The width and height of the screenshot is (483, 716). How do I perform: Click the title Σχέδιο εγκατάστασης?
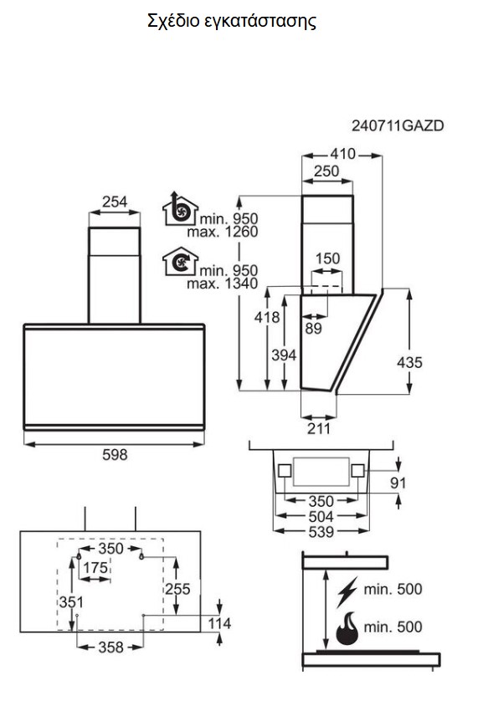pyautogui.click(x=232, y=21)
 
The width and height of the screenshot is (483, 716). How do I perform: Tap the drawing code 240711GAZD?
pyautogui.click(x=398, y=125)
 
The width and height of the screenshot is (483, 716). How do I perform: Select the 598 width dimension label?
pyautogui.click(x=115, y=455)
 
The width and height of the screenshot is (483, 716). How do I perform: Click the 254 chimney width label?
pyautogui.click(x=114, y=202)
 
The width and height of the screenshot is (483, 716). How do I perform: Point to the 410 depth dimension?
pyautogui.click(x=342, y=154)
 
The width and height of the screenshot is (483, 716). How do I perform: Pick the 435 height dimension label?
pyautogui.click(x=410, y=362)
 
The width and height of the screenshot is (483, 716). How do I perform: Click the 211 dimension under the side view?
pyautogui.click(x=318, y=429)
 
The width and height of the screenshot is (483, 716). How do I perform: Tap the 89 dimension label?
pyautogui.click(x=313, y=329)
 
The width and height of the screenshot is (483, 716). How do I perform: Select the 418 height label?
pyautogui.click(x=267, y=317)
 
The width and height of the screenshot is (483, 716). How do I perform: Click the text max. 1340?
pyautogui.click(x=223, y=284)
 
